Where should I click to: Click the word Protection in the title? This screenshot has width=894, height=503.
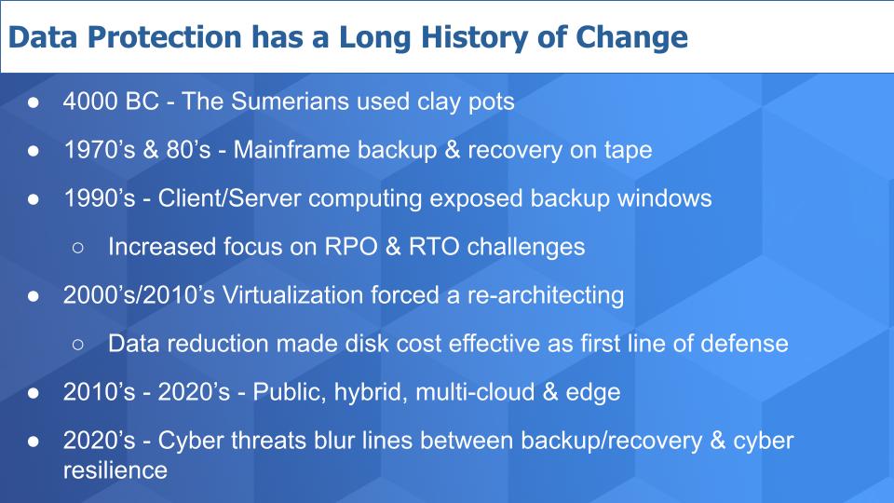pyautogui.click(x=165, y=37)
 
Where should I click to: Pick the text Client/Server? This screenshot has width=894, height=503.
pyautogui.click(x=230, y=198)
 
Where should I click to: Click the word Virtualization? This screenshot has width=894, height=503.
pyautogui.click(x=292, y=295)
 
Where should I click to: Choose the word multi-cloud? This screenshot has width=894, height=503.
pyautogui.click(x=475, y=392)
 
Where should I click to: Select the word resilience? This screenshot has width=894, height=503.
pyautogui.click(x=115, y=470)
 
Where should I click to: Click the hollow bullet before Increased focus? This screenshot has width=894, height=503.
pyautogui.click(x=78, y=248)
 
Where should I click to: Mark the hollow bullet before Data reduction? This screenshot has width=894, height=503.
pyautogui.click(x=78, y=345)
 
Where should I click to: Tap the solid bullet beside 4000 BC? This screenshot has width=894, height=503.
pyautogui.click(x=34, y=102)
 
